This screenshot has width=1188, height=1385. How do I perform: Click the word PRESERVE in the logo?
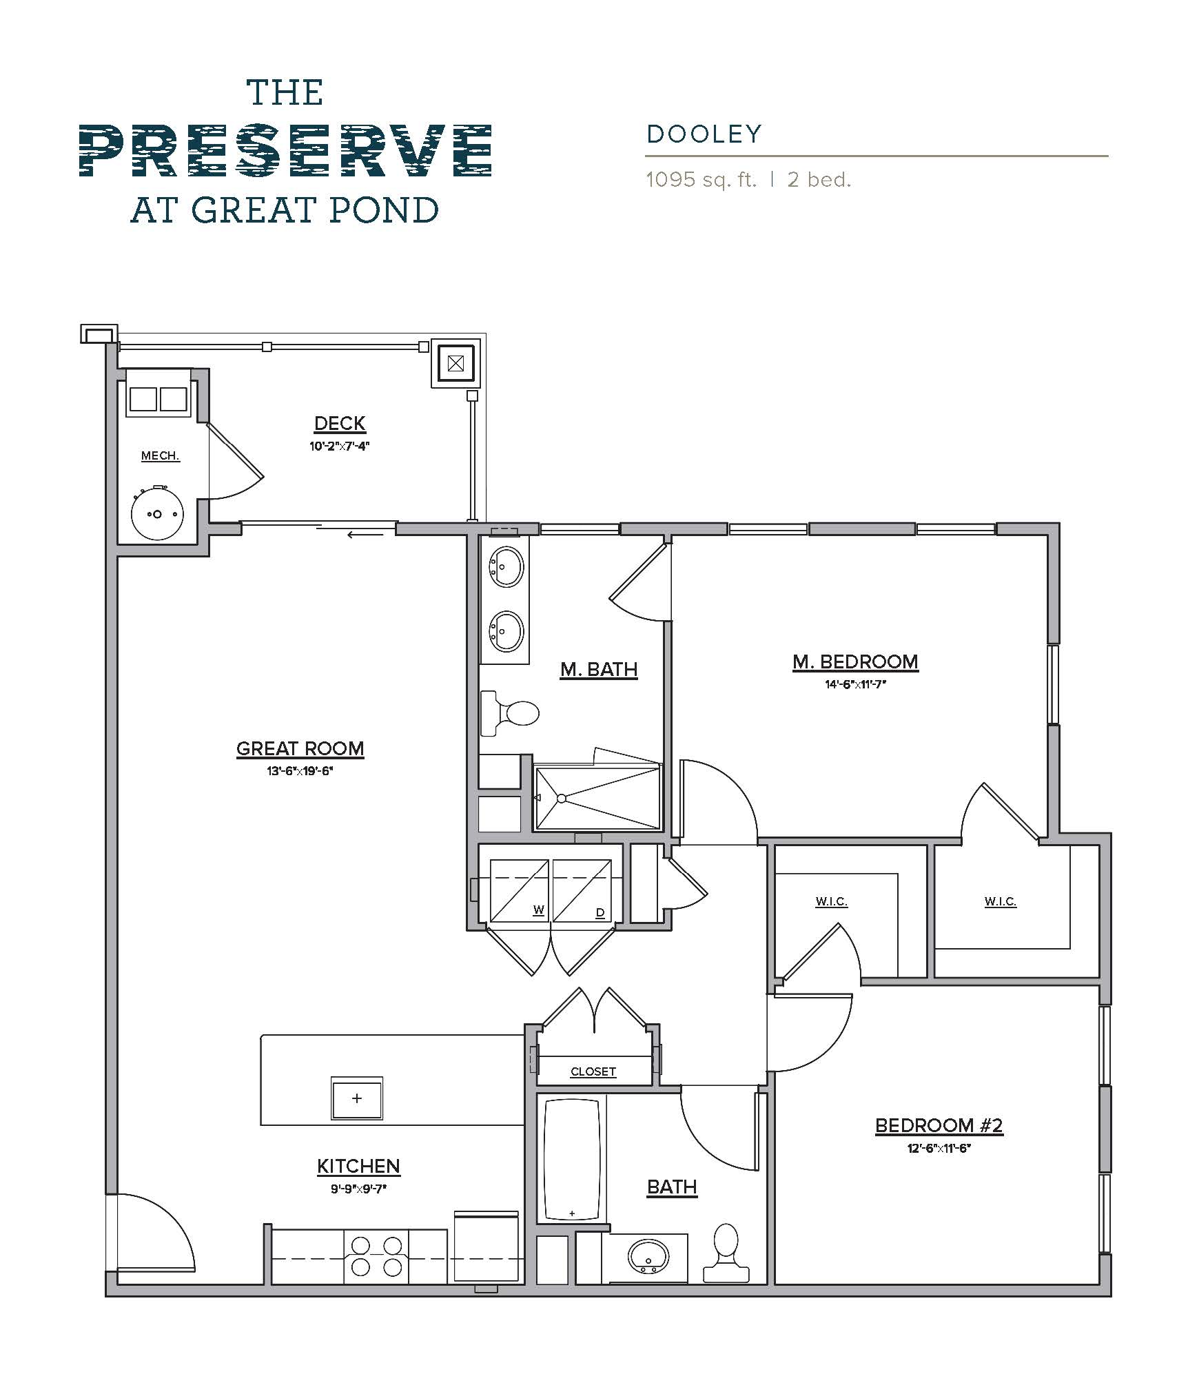pyautogui.click(x=285, y=150)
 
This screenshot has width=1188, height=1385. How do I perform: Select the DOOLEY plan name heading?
pyautogui.click(x=704, y=134)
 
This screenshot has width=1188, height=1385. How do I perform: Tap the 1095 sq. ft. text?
pyautogui.click(x=700, y=181)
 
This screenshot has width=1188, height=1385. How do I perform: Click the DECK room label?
pyautogui.click(x=339, y=423)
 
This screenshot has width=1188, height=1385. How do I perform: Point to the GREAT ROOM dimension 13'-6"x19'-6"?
pyautogui.click(x=300, y=771)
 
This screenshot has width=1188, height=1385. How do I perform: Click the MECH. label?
pyautogui.click(x=160, y=455)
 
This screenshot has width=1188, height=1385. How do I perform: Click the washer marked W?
pyautogui.click(x=519, y=891)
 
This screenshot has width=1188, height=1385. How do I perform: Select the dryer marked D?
pyautogui.click(x=582, y=891)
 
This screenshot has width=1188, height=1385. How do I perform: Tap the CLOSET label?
pyautogui.click(x=593, y=1071)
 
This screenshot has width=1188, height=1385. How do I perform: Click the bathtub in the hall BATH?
pyautogui.click(x=571, y=1160)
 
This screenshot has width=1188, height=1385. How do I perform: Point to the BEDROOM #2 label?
pyautogui.click(x=939, y=1125)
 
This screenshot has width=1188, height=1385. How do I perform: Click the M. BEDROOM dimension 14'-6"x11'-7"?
pyautogui.click(x=854, y=684)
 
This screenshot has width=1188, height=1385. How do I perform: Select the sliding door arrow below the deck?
pyautogui.click(x=365, y=534)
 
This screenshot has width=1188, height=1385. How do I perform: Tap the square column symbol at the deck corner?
pyautogui.click(x=455, y=363)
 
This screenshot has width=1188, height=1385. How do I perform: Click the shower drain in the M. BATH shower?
pyautogui.click(x=562, y=798)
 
